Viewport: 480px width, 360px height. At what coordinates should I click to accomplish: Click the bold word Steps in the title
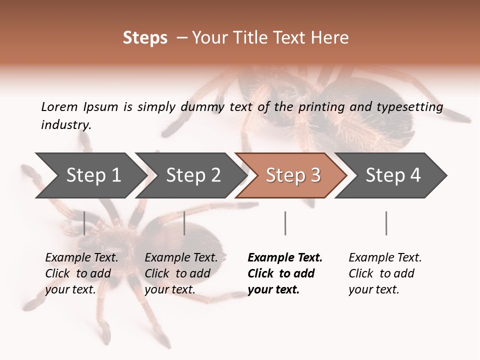pos(145,38)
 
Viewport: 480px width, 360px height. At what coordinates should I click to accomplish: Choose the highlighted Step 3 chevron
pos(293,175)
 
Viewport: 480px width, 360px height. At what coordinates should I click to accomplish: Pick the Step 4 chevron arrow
pos(393,175)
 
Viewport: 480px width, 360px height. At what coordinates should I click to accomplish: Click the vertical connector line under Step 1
pos(84,223)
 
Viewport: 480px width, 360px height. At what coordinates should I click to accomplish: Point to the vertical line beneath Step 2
pos(184,223)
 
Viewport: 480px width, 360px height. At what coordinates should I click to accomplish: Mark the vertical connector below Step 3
pos(285,223)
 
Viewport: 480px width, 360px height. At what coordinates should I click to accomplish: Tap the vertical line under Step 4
pos(386,223)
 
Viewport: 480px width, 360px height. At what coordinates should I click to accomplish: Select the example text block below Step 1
pos(81,273)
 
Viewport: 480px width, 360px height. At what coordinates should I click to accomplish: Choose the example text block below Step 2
pos(181,273)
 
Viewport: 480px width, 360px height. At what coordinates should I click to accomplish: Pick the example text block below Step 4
pos(385,273)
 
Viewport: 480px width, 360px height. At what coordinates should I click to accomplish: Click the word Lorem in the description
pos(59,106)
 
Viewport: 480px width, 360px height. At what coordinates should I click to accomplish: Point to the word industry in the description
pos(66,125)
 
